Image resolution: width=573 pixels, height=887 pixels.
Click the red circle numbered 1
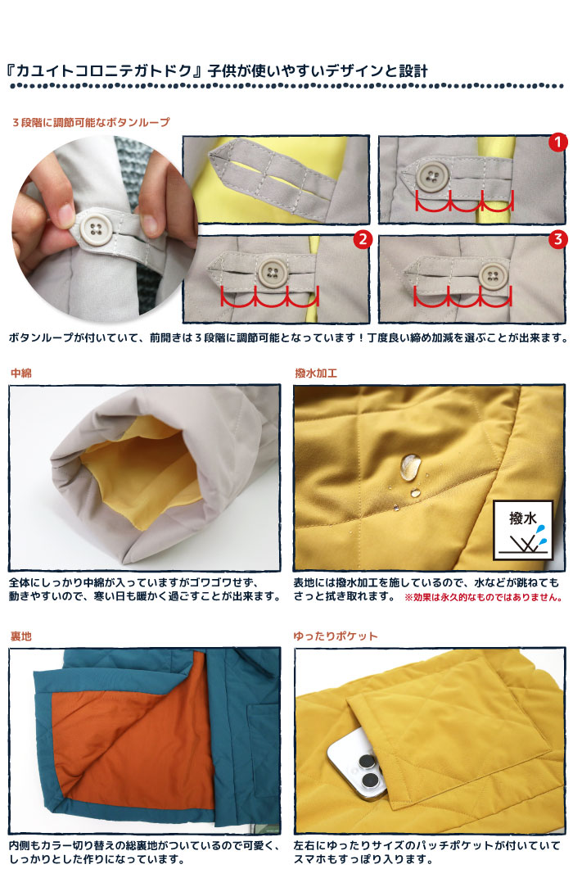click(x=557, y=142)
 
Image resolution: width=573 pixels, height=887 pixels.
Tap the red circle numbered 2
click(x=363, y=239)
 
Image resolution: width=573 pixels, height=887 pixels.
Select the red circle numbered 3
click(x=557, y=239)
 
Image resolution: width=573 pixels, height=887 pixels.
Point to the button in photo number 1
click(x=432, y=175)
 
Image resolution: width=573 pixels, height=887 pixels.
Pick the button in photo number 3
click(x=494, y=276)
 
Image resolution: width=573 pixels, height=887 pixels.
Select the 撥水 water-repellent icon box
click(x=522, y=530)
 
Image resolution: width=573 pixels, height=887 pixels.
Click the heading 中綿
click(x=21, y=373)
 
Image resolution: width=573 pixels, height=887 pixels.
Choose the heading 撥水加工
click(x=316, y=373)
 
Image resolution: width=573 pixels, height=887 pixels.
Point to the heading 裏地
click(x=21, y=636)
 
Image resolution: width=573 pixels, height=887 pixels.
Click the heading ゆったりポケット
click(x=336, y=636)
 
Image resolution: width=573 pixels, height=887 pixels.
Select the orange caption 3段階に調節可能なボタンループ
click(x=91, y=122)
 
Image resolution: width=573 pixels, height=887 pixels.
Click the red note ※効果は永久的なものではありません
click(x=484, y=597)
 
